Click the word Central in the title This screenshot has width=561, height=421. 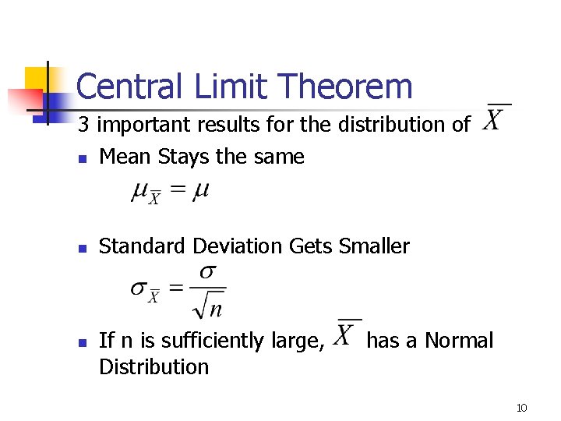pyautogui.click(x=125, y=86)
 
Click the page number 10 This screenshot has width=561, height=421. pyautogui.click(x=521, y=408)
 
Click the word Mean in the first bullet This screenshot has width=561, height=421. pyautogui.click(x=125, y=157)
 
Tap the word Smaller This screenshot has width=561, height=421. pyautogui.click(x=374, y=246)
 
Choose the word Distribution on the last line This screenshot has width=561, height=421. pyautogui.click(x=154, y=366)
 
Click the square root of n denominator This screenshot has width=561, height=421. pyautogui.click(x=208, y=305)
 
